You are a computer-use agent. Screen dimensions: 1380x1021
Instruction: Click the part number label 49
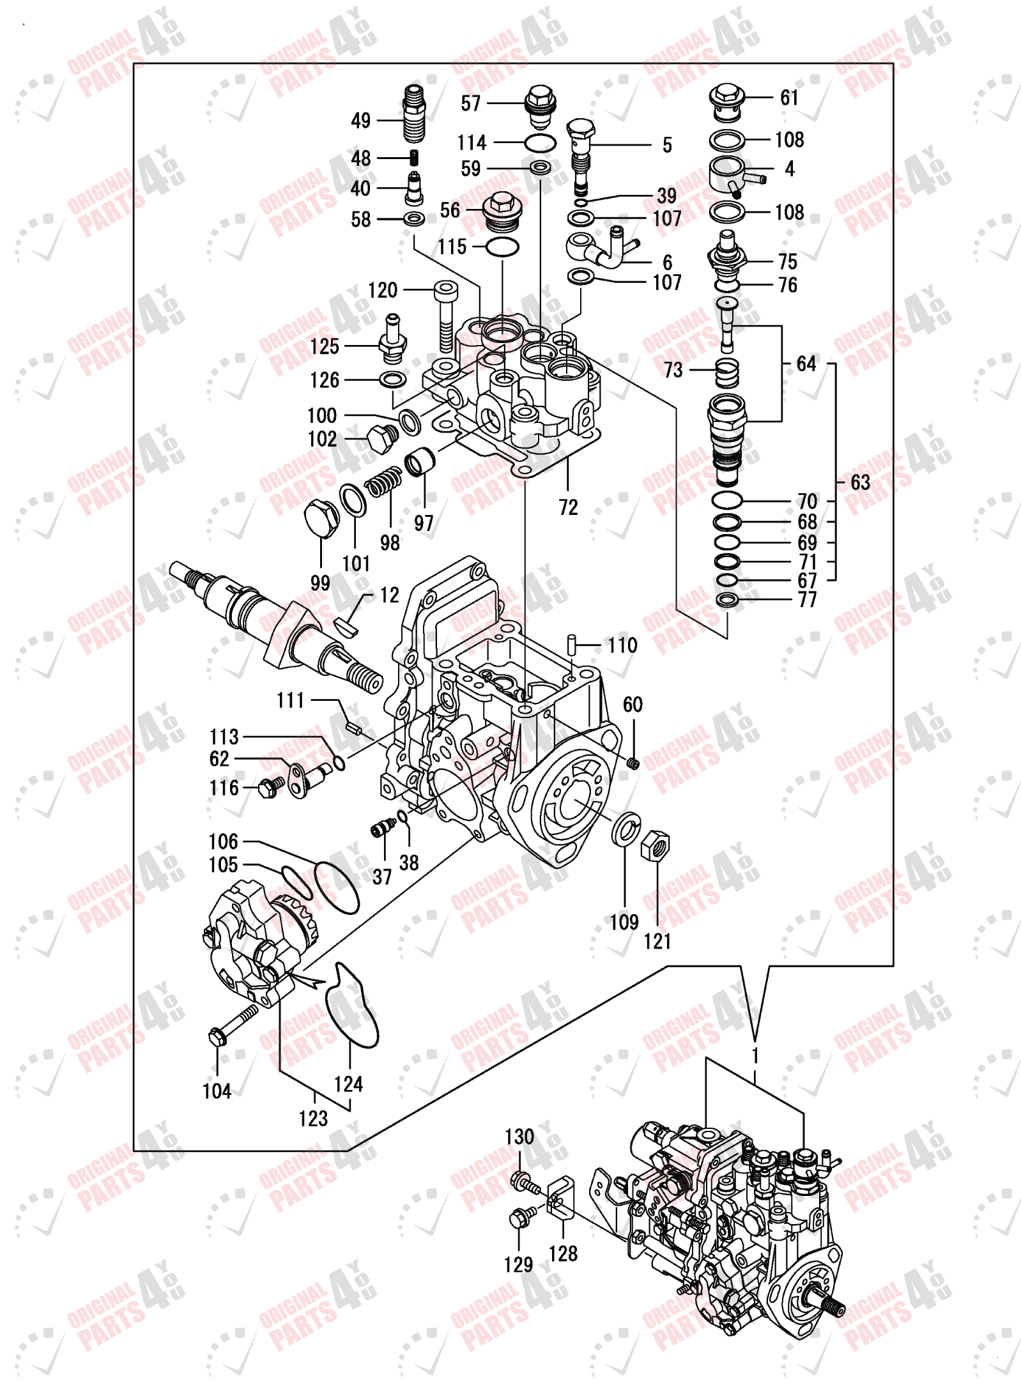coord(360,120)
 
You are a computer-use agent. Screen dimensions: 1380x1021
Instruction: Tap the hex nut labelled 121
coord(656,847)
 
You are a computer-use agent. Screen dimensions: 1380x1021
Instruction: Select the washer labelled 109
coord(626,829)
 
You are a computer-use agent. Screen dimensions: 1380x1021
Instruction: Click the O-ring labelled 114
coord(540,143)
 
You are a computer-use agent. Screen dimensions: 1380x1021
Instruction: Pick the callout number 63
coord(860,482)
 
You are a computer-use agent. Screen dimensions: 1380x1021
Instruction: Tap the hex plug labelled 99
coord(321,517)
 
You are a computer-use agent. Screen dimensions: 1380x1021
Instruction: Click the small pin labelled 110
coord(572,645)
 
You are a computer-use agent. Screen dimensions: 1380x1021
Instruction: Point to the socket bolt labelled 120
coord(445,316)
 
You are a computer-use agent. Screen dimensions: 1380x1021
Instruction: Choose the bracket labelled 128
coord(561,1197)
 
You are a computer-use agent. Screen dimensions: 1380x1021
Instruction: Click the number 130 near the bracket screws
coord(519,1137)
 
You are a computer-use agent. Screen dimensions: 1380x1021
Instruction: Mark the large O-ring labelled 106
coord(337,887)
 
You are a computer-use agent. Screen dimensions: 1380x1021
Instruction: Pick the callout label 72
coord(568,507)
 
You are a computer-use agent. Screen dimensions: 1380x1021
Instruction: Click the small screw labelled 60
coord(633,763)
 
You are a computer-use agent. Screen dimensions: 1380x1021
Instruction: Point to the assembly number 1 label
coord(755,1055)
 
